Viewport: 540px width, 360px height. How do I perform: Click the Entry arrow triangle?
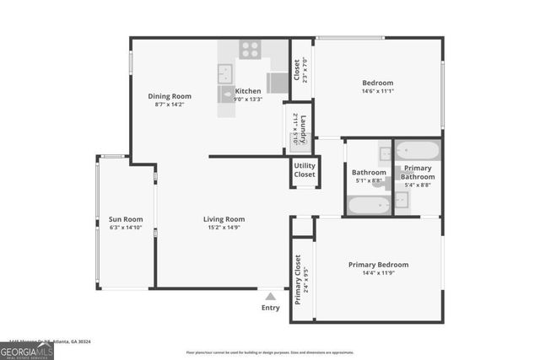coord(270,296)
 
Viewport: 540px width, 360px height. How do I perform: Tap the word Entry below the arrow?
coord(270,308)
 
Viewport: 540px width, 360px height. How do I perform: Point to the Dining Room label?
coord(170,96)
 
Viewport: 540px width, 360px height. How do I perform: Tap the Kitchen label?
coord(248,91)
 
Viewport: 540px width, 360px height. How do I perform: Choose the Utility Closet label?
coord(305,169)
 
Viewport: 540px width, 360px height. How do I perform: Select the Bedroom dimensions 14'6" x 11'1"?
coord(378,91)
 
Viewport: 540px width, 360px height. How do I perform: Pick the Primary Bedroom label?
coord(378,265)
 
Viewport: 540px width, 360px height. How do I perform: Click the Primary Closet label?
coord(299,281)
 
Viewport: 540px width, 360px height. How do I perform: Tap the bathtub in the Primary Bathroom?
coord(418,150)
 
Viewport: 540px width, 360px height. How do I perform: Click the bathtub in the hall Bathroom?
coord(369,204)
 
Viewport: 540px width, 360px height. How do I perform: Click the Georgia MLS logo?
coord(27,348)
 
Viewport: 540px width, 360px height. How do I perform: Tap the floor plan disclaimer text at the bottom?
coord(270,352)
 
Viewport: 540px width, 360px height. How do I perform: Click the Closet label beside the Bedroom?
coord(296,67)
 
